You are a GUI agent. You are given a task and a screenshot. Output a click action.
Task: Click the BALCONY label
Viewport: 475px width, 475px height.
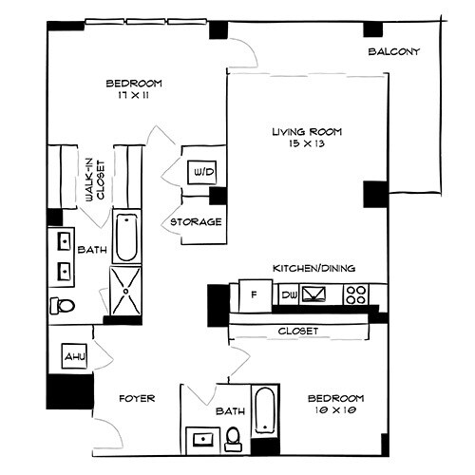[x=394, y=51]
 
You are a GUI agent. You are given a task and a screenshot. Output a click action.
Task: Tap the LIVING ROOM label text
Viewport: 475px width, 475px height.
[x=306, y=131]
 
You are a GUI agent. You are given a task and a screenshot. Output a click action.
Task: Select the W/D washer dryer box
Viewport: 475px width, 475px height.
[x=202, y=173]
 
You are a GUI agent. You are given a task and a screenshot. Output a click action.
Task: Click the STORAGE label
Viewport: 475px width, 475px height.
[x=196, y=222]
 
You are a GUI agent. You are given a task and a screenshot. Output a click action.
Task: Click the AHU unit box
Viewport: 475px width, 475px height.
[x=75, y=356]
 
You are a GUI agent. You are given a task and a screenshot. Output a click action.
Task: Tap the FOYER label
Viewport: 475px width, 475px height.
[x=137, y=398]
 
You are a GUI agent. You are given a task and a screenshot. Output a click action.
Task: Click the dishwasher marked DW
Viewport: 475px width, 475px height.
[x=289, y=295]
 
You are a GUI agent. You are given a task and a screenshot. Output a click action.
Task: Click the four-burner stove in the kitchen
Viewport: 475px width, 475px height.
[x=357, y=294]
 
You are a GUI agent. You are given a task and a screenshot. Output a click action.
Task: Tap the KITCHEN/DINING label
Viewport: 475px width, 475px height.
[x=313, y=268]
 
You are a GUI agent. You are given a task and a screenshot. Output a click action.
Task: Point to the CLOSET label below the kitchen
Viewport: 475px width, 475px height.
[x=297, y=332]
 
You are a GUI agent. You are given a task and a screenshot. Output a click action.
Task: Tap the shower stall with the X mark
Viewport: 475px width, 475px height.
[x=125, y=289]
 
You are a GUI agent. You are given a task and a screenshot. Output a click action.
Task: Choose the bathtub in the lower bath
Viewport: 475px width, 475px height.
[x=264, y=410]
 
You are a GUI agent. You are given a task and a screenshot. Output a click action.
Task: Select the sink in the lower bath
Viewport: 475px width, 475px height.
[x=201, y=438]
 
